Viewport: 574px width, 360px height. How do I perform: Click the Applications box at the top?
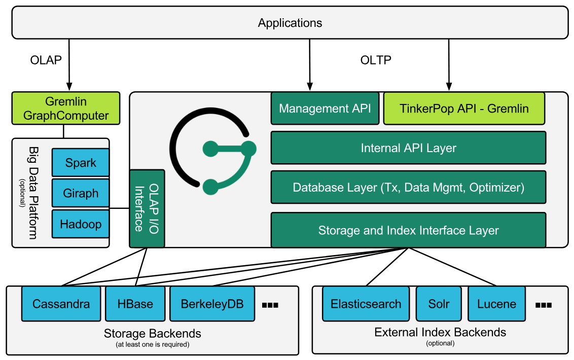click(x=290, y=23)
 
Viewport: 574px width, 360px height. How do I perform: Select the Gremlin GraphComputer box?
click(x=66, y=109)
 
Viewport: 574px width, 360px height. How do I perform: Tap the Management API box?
click(x=325, y=108)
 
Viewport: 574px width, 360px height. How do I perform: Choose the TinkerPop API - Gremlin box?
click(x=464, y=108)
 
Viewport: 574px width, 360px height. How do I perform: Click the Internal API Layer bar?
click(x=408, y=148)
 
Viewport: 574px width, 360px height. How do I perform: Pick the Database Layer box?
click(x=408, y=187)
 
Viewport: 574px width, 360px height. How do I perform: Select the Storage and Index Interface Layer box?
click(x=408, y=230)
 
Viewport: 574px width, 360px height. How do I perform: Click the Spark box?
click(x=81, y=163)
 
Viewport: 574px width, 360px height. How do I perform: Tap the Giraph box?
click(x=81, y=193)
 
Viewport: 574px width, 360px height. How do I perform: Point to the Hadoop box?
click(x=81, y=224)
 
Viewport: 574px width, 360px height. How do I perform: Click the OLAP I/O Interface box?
click(x=147, y=208)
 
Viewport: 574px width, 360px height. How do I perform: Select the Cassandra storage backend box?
click(x=61, y=304)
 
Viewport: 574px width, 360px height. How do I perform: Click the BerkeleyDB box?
click(x=212, y=304)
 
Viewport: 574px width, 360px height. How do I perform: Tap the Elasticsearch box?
click(x=366, y=304)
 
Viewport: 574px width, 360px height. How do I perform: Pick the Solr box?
click(x=439, y=304)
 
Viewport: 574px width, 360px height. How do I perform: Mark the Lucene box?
click(x=496, y=304)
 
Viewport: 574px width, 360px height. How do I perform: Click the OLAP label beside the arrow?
click(x=46, y=60)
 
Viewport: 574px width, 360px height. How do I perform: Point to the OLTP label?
click(x=376, y=60)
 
